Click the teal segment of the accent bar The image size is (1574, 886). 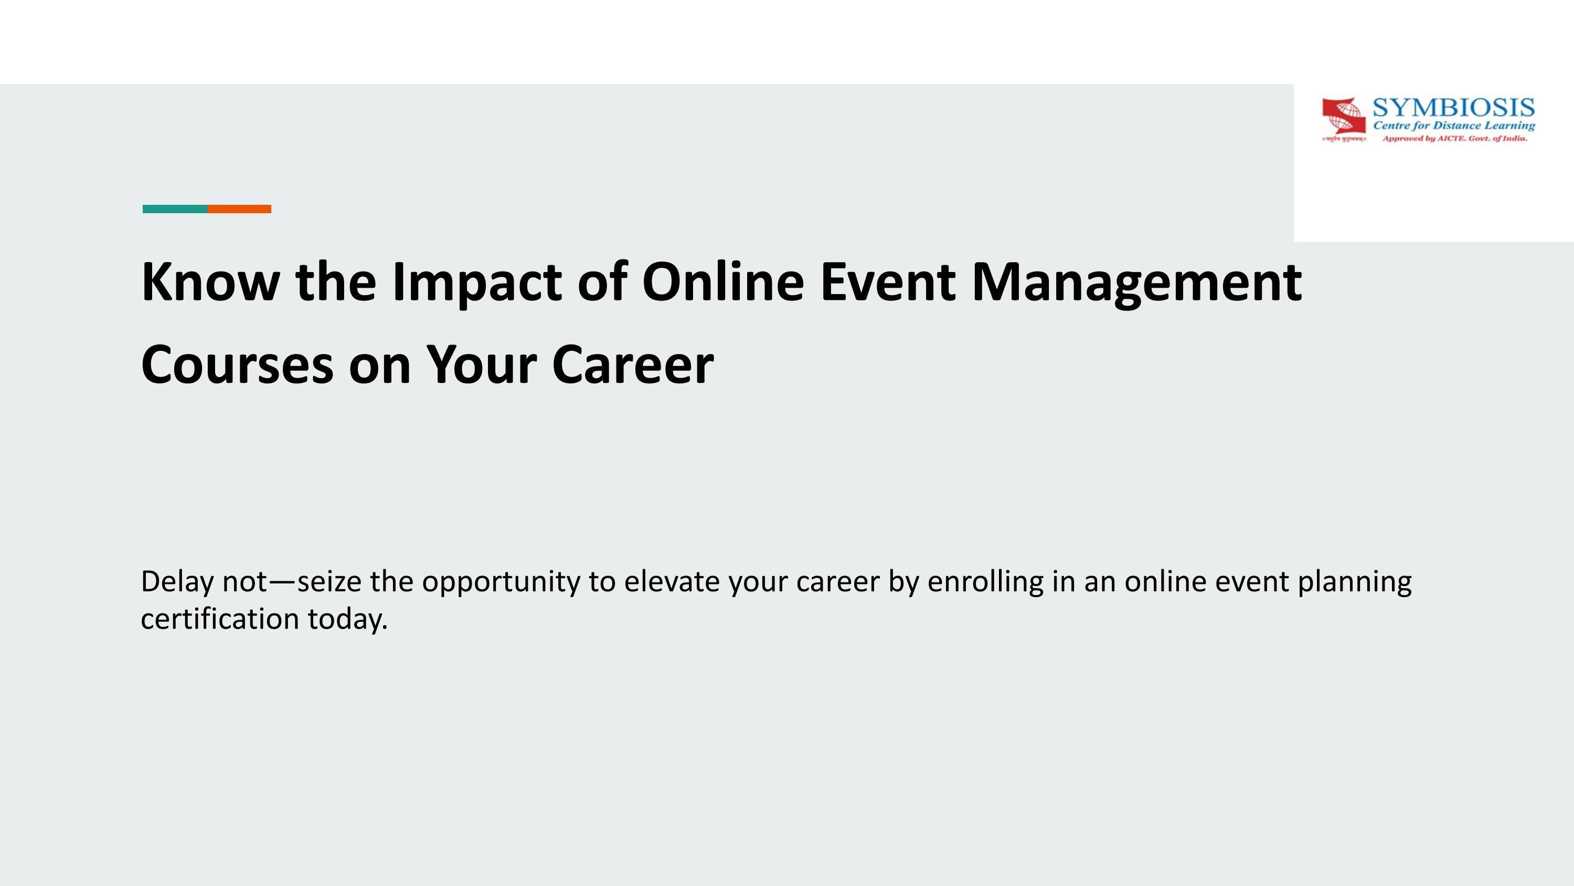[x=175, y=209]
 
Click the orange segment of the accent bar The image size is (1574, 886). [x=240, y=209]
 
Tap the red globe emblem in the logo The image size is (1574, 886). [x=1344, y=116]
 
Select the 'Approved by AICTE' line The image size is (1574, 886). [x=1454, y=139]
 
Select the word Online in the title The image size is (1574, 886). [x=723, y=282]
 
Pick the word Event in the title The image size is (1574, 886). [x=887, y=282]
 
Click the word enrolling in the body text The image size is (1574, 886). [x=985, y=582]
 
